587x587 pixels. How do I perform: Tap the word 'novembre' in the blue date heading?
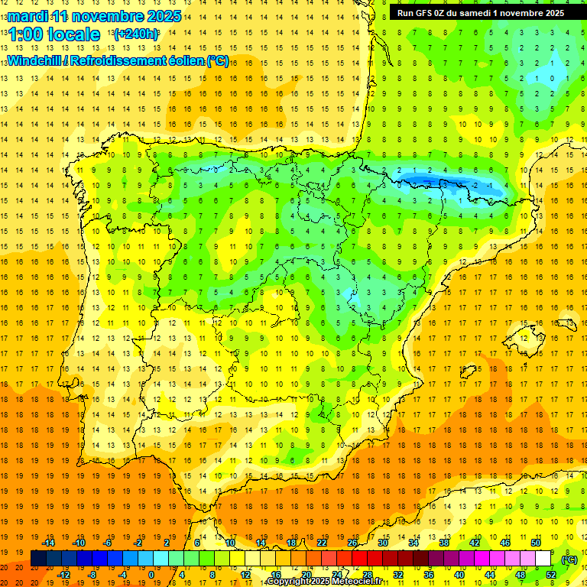pos(102,16)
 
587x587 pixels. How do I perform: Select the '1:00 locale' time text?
pos(54,35)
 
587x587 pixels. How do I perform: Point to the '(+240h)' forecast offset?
pos(136,34)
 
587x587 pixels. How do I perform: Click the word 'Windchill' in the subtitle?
pos(34,61)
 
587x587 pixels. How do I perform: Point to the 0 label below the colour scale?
pos(151,575)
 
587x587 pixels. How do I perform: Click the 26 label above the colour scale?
pos(352,543)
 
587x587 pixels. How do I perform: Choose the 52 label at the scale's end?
pos(550,575)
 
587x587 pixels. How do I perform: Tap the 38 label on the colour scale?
pos(443,543)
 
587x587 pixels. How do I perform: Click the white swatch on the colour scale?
pos(543,559)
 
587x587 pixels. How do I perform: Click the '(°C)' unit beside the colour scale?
pos(569,559)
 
